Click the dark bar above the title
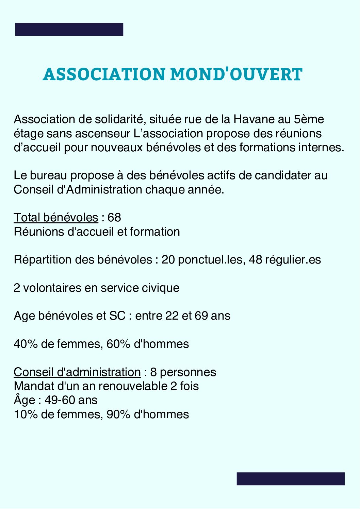pos(69,29)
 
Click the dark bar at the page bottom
pos(291,478)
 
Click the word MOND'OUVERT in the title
pos(236,74)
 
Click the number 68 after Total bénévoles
pos(114,218)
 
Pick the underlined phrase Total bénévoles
pos(56,218)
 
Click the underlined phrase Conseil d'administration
pos(77,372)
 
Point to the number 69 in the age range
pos(201,316)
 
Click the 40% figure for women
pos(26,344)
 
